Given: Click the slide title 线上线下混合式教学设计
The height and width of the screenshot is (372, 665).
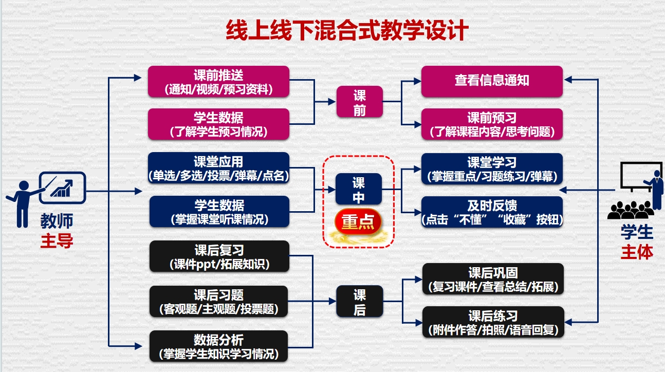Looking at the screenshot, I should [x=347, y=30].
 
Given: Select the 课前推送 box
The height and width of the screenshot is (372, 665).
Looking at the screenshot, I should [x=218, y=81].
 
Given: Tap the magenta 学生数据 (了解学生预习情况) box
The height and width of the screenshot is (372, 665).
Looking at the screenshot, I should [x=218, y=124].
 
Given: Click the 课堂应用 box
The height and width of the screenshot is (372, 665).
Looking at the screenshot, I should [x=218, y=168].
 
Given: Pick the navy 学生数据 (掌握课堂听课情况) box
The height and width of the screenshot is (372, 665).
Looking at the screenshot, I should [x=219, y=212].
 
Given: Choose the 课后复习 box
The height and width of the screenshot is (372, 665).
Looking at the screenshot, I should [x=219, y=256].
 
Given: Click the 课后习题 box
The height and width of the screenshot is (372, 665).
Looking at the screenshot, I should [x=219, y=302].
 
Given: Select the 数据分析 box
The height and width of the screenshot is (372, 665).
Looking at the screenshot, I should [x=219, y=346].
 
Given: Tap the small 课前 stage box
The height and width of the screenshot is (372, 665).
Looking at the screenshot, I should [x=359, y=102].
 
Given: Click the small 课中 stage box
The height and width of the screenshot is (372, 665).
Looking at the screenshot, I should [x=359, y=189].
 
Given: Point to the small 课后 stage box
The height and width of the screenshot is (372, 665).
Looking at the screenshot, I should [x=360, y=302].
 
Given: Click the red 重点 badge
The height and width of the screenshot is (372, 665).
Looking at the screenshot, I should [x=358, y=222].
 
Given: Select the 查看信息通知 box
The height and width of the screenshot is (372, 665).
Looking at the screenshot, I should [x=492, y=81].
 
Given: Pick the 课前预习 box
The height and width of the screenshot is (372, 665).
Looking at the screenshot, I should [x=492, y=124].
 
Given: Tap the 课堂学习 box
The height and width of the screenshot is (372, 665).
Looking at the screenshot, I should [x=492, y=169].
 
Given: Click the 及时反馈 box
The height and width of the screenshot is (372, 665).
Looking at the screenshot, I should [x=492, y=212].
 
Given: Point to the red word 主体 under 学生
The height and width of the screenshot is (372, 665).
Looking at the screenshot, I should [x=637, y=252].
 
